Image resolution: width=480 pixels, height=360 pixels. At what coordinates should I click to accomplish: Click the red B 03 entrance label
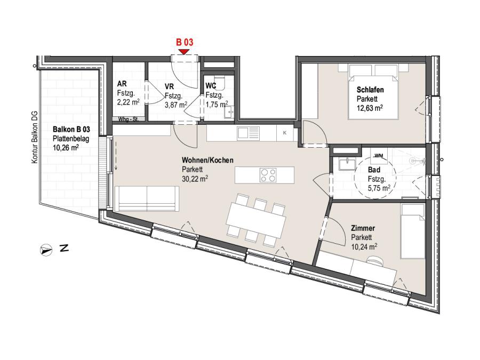pyautogui.click(x=185, y=42)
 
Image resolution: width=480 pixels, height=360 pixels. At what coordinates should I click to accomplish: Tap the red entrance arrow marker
pyautogui.click(x=183, y=51)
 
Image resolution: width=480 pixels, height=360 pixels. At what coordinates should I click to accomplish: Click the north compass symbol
pyautogui.click(x=46, y=250)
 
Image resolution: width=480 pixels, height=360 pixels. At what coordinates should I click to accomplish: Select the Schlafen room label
pyautogui.click(x=370, y=90)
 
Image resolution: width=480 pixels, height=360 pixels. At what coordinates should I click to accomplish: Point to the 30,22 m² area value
pyautogui.click(x=195, y=179)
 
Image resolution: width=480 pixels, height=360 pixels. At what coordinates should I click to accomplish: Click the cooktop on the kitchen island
pyautogui.click(x=268, y=175)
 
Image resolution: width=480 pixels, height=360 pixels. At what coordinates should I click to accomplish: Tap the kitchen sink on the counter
pyautogui.click(x=248, y=133)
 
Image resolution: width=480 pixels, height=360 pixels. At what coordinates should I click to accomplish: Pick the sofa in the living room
pyautogui.click(x=147, y=198)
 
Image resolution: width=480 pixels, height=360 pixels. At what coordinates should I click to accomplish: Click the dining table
pyautogui.click(x=256, y=220)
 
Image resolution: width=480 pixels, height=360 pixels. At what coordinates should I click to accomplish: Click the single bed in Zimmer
pyautogui.click(x=413, y=231)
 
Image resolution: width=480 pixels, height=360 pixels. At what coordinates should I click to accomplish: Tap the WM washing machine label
pyautogui.click(x=379, y=156)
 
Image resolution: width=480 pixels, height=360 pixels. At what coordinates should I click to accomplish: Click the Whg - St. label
pyautogui.click(x=128, y=119)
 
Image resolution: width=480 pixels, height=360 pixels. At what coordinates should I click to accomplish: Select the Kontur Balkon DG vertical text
pyautogui.click(x=35, y=137)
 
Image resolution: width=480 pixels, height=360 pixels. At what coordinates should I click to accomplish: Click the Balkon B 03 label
pyautogui.click(x=71, y=129)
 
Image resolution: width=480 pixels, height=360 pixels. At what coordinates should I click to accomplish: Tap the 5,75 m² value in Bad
pyautogui.click(x=379, y=188)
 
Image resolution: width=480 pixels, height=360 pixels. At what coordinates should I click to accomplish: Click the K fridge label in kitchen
pyautogui.click(x=285, y=133)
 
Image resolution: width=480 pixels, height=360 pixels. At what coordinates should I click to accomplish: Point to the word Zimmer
pyautogui.click(x=363, y=228)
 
